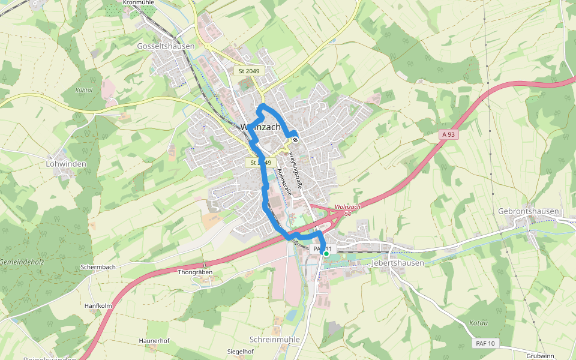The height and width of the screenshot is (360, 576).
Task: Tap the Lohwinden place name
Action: [66, 164]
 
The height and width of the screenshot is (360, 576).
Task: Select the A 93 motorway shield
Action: [447, 135]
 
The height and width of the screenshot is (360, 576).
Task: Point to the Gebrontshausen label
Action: [528, 211]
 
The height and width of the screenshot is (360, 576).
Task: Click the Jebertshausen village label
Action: [398, 263]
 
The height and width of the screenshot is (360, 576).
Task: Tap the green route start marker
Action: [326, 254]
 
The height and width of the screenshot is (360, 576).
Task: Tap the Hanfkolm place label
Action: [98, 306]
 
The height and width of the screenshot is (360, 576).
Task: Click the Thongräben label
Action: [195, 272]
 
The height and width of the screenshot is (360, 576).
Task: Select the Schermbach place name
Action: [98, 266]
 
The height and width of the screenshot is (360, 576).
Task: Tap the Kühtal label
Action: [83, 90]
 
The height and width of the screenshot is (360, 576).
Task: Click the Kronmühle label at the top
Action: [138, 3]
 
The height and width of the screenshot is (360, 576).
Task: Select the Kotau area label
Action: [478, 323]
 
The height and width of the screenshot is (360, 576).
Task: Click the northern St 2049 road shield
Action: [248, 71]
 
